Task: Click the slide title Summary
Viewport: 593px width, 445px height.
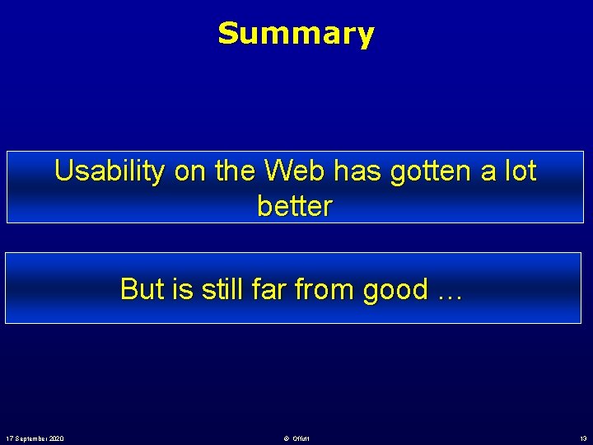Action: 296,34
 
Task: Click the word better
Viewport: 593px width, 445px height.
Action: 294,207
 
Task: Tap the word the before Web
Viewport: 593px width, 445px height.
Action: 236,171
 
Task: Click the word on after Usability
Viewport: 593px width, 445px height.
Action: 189,171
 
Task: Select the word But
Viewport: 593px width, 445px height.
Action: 142,289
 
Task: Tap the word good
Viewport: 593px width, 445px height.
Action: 396,291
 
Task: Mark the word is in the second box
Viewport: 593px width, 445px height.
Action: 184,289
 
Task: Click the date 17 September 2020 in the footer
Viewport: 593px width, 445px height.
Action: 35,438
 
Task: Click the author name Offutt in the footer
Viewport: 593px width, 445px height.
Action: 299,438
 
